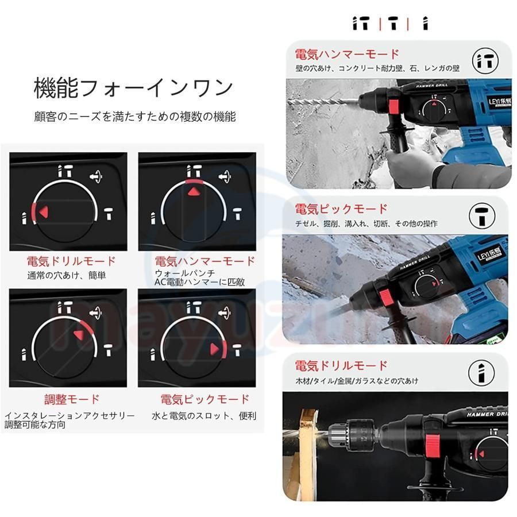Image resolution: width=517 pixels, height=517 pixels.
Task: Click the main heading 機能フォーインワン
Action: click(133, 88)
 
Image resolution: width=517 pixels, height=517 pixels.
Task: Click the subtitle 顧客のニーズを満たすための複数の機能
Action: click(135, 117)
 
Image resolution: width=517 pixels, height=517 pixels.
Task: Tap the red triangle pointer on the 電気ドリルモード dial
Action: click(44, 212)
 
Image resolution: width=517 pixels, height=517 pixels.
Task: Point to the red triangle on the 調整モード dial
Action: click(79, 334)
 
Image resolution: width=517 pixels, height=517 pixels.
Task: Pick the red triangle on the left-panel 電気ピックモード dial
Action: click(214, 349)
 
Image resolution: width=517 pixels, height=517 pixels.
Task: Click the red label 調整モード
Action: click(72, 399)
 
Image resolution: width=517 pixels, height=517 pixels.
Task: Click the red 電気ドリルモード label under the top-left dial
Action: click(71, 261)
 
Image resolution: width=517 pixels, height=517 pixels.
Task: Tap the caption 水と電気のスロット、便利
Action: click(204, 416)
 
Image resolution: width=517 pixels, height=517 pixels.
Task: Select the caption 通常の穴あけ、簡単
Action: click(66, 275)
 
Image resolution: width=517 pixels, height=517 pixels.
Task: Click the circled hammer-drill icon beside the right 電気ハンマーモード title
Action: click(485, 61)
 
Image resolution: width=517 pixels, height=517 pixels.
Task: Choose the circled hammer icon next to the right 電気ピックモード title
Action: click(482, 216)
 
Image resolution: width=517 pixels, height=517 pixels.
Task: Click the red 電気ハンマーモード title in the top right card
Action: click(347, 55)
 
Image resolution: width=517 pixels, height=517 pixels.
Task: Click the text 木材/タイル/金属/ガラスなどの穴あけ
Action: click(357, 381)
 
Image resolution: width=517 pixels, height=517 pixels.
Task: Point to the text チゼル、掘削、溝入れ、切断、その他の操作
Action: click(366, 223)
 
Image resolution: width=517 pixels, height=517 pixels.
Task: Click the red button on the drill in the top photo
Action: click(394, 106)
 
